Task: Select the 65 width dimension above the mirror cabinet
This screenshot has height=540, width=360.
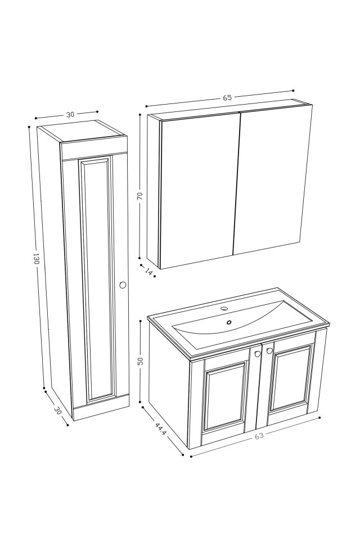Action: pyautogui.click(x=227, y=97)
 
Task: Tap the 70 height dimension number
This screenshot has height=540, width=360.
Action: pyautogui.click(x=139, y=196)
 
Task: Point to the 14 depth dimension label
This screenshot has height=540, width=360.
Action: pyautogui.click(x=149, y=272)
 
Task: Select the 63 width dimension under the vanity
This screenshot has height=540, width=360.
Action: pyautogui.click(x=259, y=435)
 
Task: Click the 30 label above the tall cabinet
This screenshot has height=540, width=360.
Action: pyautogui.click(x=70, y=114)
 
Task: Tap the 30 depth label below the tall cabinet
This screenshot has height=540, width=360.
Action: pyautogui.click(x=56, y=411)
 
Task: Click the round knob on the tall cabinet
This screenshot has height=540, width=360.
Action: pyautogui.click(x=123, y=285)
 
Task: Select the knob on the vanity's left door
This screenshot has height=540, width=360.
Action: pyautogui.click(x=257, y=354)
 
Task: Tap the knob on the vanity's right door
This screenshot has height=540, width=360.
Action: pyautogui.click(x=269, y=350)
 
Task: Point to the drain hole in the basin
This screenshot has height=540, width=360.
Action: pyautogui.click(x=229, y=322)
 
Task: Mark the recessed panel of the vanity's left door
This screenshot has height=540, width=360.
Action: pyautogui.click(x=226, y=397)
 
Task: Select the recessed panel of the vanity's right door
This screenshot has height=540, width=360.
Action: pyautogui.click(x=290, y=378)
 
